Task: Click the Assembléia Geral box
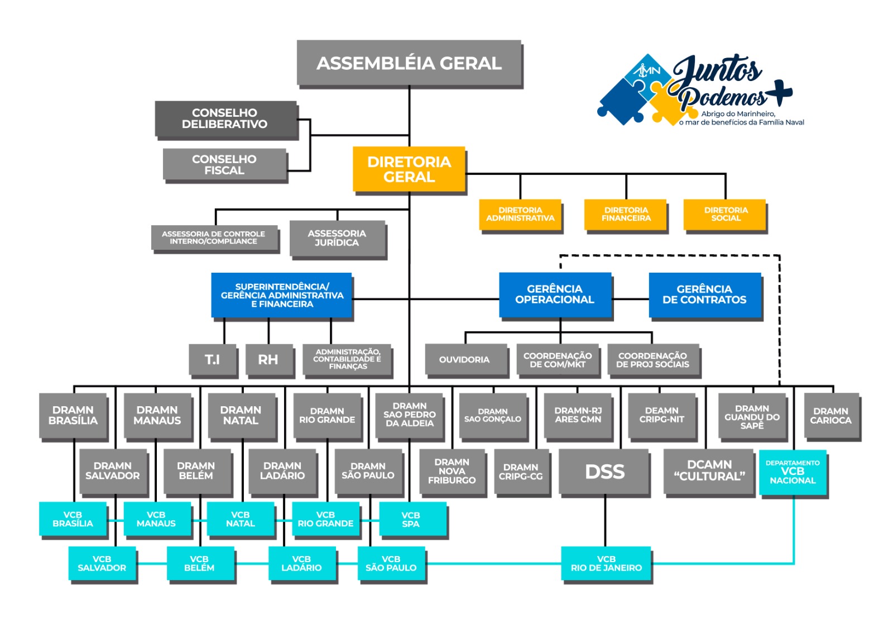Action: point(409,63)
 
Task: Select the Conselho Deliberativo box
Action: point(225,118)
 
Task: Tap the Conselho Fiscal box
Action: point(224,165)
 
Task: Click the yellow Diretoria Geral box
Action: point(409,169)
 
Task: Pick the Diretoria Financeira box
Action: point(626,215)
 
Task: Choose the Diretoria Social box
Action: point(725,215)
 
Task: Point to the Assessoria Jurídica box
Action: point(337,239)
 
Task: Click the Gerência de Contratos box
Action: point(704,294)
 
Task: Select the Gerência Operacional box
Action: point(555,294)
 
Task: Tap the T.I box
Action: point(212,359)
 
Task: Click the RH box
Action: point(268,359)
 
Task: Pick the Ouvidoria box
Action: point(464,359)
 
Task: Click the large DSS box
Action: point(604,472)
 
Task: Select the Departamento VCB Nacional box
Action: point(793,473)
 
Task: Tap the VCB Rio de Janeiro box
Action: point(606,564)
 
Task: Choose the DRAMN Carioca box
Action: point(830,416)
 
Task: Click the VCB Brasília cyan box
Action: point(73,519)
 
